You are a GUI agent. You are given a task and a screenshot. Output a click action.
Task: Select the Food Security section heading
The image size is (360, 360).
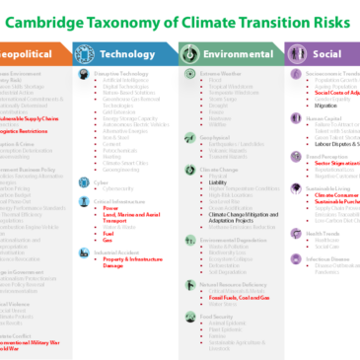pyautogui.click(x=201, y=312)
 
